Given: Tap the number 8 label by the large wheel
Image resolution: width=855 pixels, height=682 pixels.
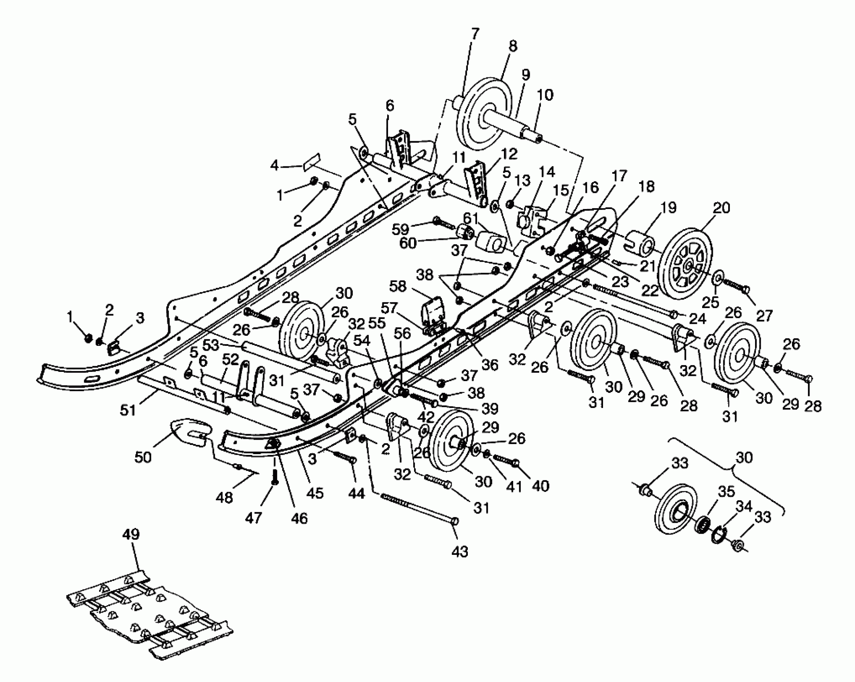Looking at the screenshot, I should point(512,46).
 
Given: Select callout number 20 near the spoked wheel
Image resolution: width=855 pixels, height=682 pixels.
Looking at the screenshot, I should point(721,208).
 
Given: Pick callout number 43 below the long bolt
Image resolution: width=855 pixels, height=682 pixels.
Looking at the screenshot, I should point(460,552).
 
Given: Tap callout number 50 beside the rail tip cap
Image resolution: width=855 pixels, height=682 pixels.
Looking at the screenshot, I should point(143,457).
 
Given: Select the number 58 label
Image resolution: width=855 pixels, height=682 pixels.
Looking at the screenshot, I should point(398,286).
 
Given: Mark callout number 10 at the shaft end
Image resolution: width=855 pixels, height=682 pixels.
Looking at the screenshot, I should point(544,95).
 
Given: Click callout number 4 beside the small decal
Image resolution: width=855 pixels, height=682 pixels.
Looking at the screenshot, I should point(274,166).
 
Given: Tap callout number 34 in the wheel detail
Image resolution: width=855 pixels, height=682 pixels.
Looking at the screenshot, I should point(743,506).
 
